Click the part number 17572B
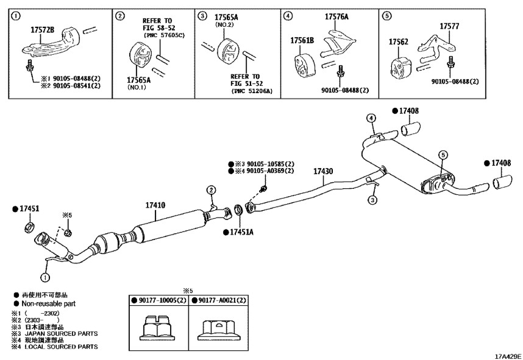(x=42, y=30)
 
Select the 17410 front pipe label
(x=155, y=205)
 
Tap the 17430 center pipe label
(x=323, y=171)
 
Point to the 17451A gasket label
(x=241, y=231)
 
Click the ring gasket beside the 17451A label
(x=240, y=211)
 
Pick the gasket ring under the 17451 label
(x=30, y=227)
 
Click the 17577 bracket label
(x=449, y=26)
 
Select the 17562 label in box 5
(x=398, y=41)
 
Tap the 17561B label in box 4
(x=302, y=40)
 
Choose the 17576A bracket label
(x=336, y=16)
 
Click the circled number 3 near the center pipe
(x=372, y=200)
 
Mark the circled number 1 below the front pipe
(x=45, y=277)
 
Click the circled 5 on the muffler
(x=443, y=155)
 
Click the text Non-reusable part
(x=49, y=304)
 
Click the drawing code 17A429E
(x=508, y=356)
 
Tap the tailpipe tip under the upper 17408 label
(x=410, y=129)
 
